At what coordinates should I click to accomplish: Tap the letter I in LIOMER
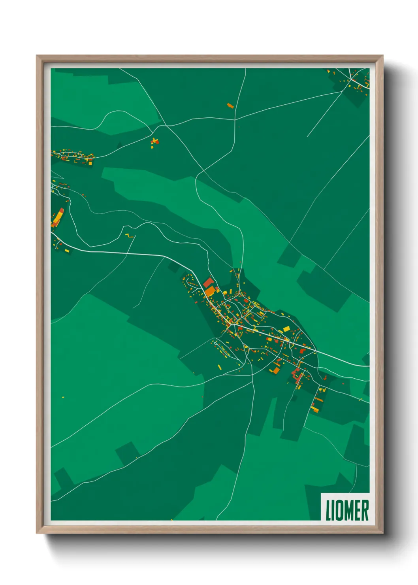tap(334, 510)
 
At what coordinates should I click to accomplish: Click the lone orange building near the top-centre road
tap(230, 106)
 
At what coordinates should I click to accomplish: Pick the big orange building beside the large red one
tap(210, 292)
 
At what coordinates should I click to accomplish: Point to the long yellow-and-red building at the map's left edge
tap(58, 217)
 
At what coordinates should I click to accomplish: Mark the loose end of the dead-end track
tap(307, 137)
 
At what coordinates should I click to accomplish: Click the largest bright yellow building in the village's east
tap(286, 329)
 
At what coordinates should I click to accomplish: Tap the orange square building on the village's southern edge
tap(275, 370)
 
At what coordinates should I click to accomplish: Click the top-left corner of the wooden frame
tap(37, 56)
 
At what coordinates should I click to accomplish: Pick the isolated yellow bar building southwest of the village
tap(219, 367)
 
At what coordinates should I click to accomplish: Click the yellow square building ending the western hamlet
tap(90, 162)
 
